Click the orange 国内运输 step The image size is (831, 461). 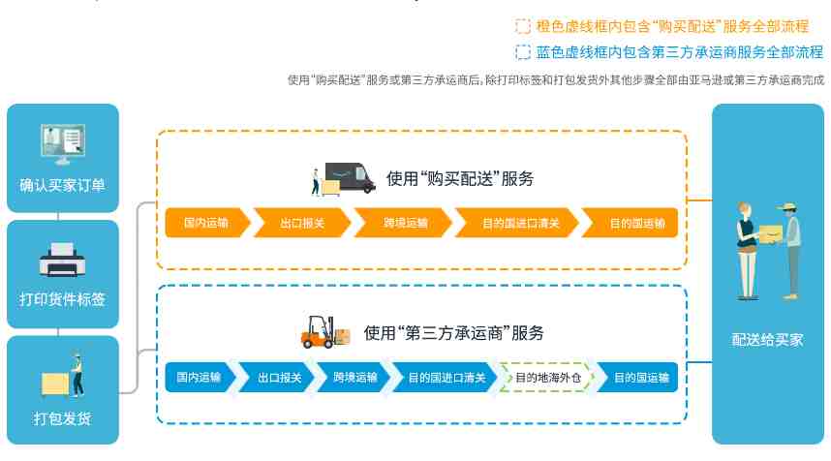[206, 223]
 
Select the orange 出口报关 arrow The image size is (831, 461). [302, 223]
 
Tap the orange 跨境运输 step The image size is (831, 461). [404, 223]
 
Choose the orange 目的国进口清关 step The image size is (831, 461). [518, 223]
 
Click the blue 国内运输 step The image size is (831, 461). [200, 378]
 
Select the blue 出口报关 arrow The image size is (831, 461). [277, 378]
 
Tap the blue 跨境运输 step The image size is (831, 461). [354, 378]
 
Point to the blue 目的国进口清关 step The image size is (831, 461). [445, 378]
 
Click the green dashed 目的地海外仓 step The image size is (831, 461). [547, 378]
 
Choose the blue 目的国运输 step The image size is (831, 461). [638, 378]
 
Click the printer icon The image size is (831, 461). [62, 260]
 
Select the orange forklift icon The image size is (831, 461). [324, 332]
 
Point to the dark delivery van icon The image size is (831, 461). [350, 178]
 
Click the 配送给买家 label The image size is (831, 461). [767, 340]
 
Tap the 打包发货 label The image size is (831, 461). [63, 418]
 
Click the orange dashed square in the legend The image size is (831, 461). [523, 26]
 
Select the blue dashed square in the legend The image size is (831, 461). [523, 52]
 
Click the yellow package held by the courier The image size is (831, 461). [771, 233]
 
